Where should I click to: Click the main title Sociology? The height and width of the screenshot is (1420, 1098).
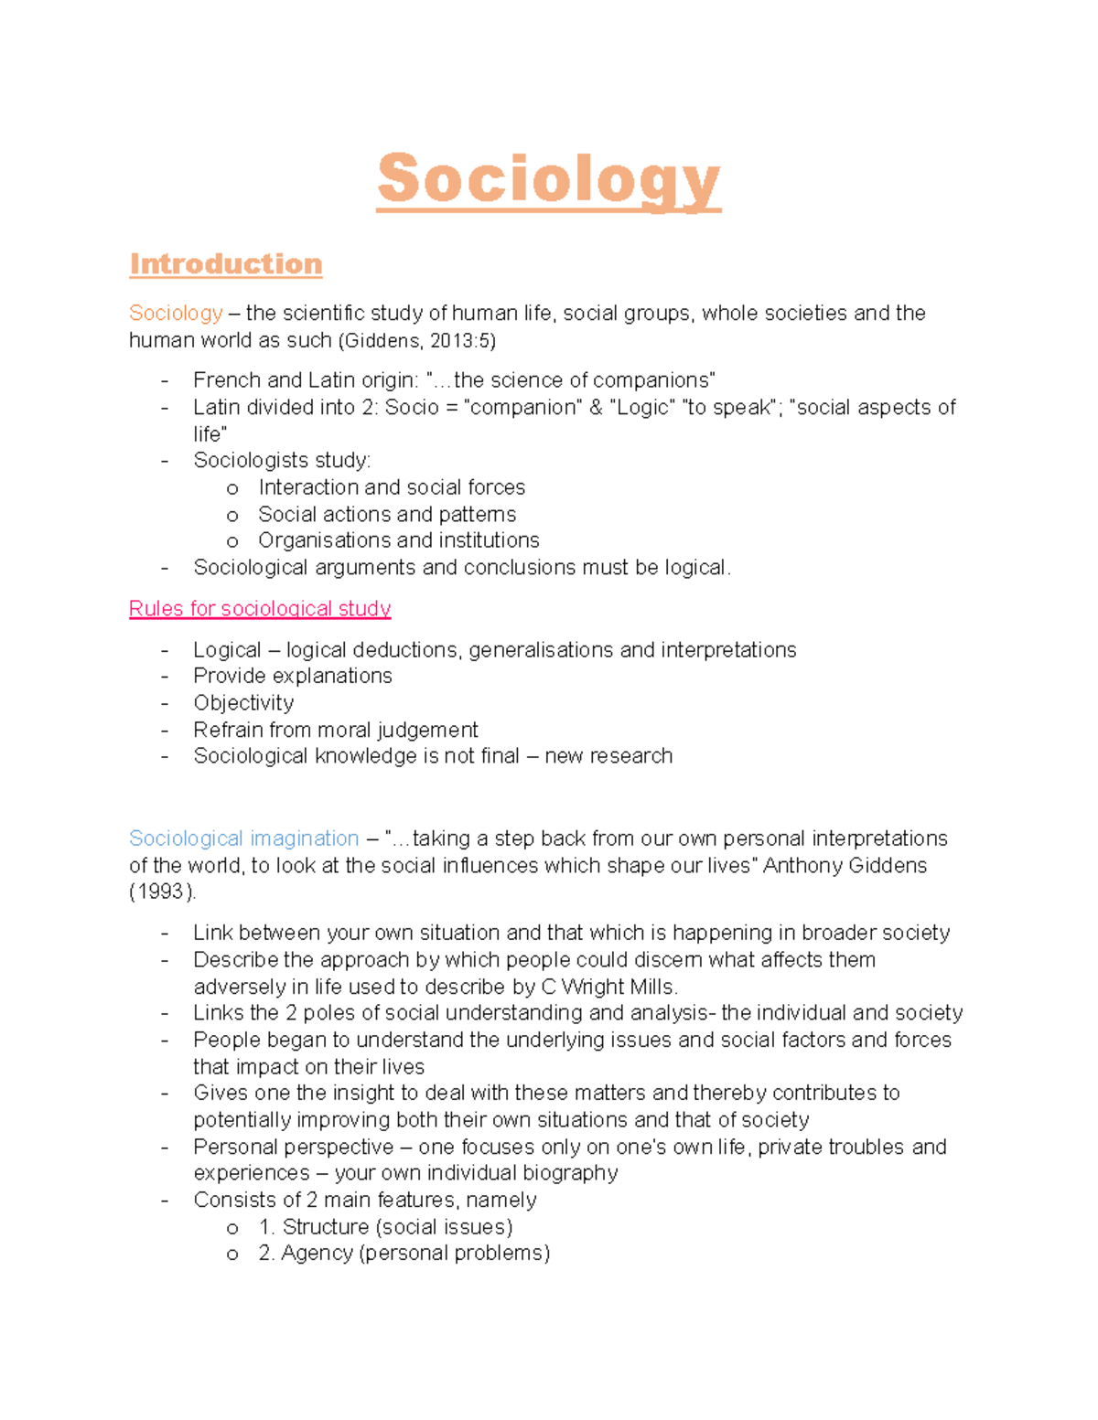point(548,180)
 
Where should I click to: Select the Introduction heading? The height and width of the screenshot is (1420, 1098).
point(225,264)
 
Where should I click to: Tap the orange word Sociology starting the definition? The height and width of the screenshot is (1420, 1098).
point(176,314)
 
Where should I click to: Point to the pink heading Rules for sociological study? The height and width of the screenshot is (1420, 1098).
point(260,609)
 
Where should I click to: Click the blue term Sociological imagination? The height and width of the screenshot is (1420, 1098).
point(243,838)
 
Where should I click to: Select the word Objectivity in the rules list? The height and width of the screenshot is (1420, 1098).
point(243,703)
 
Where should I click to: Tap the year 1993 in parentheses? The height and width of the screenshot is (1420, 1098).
point(162,892)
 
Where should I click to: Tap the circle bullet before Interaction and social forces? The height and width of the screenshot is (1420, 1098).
point(232,489)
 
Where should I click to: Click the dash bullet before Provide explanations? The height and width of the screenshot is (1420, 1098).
point(165,678)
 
